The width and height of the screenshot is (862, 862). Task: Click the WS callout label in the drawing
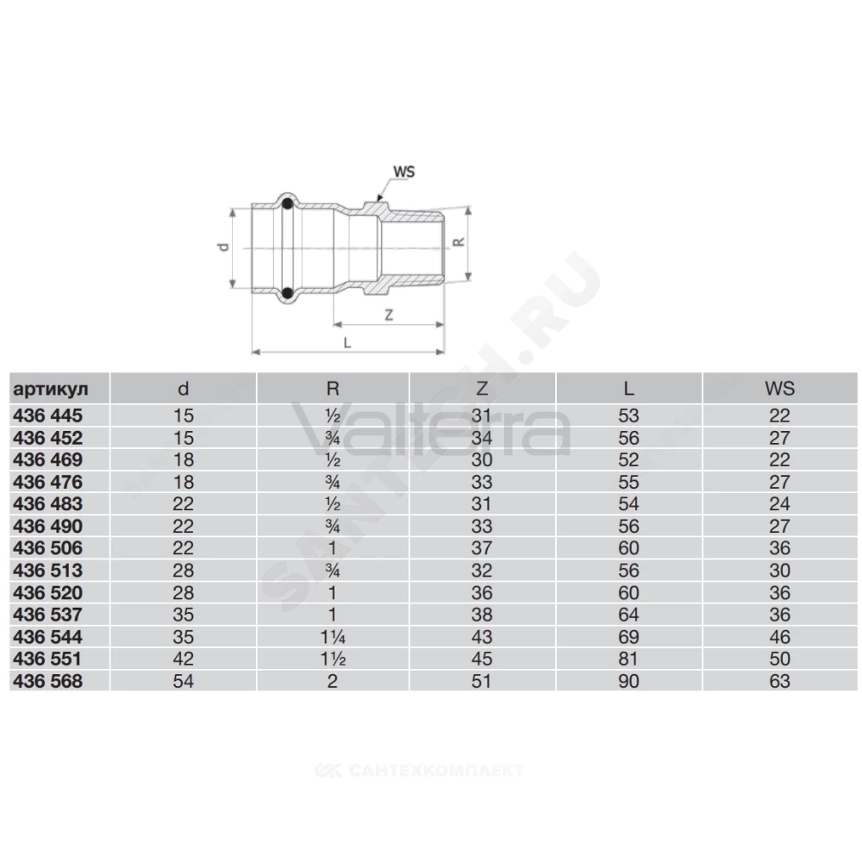tap(403, 172)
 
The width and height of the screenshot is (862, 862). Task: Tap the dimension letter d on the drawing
tap(223, 247)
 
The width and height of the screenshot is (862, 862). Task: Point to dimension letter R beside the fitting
tap(459, 242)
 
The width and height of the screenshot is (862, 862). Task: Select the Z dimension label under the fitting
tap(389, 315)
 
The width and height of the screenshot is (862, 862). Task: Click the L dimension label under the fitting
tap(347, 342)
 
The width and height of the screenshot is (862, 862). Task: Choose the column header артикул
tap(51, 390)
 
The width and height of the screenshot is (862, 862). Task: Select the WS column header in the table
tap(779, 389)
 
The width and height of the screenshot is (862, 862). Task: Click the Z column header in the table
tap(482, 389)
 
